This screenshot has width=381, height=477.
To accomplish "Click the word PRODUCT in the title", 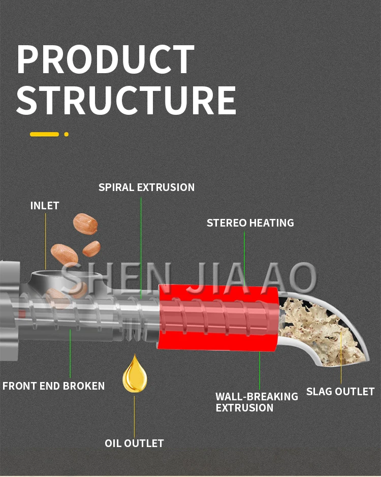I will [x=106, y=60].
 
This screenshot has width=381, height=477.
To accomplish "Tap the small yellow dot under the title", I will [x=66, y=134].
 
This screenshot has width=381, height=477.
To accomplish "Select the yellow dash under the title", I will [x=44, y=134].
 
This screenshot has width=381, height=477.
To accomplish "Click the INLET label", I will [x=45, y=206].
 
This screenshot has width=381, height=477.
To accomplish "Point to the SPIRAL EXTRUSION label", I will [x=146, y=187].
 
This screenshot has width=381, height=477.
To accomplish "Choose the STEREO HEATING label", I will [x=250, y=222].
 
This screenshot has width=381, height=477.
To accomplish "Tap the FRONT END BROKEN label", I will [x=53, y=386].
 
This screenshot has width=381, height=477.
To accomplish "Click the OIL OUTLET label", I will [x=134, y=443].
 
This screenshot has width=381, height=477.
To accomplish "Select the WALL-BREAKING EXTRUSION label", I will [x=257, y=402].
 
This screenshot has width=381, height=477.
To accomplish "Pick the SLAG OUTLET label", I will [x=340, y=391].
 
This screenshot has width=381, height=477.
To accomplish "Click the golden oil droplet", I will [x=135, y=375].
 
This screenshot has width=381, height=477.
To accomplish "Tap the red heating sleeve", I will [x=218, y=317].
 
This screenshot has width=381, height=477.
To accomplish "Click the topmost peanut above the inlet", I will [x=85, y=222].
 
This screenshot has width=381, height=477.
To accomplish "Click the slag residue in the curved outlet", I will [x=320, y=330].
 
